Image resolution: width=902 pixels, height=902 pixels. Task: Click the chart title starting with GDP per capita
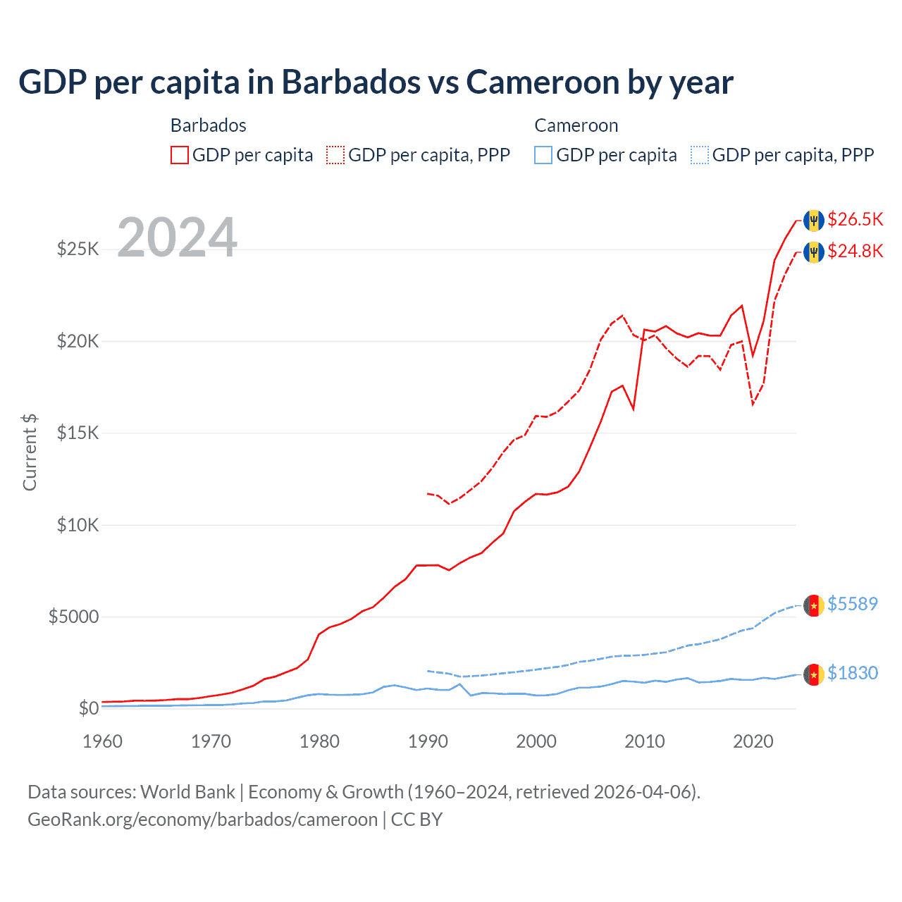click(x=376, y=82)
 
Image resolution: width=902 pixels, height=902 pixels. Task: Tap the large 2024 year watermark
click(x=177, y=237)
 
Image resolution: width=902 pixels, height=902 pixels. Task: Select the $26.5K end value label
click(x=855, y=219)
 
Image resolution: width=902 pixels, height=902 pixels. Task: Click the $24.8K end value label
click(x=855, y=251)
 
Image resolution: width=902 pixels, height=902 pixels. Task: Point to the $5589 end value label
click(x=852, y=604)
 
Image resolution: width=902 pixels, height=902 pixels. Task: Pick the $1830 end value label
click(x=852, y=673)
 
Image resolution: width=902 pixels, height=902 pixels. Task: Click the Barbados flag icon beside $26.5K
click(x=814, y=220)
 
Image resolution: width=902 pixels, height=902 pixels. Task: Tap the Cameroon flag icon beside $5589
click(x=814, y=605)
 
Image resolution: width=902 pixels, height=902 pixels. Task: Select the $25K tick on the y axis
click(x=78, y=249)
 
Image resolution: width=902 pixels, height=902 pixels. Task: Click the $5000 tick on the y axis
click(x=73, y=617)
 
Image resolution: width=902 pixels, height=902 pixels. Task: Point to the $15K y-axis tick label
click(x=78, y=433)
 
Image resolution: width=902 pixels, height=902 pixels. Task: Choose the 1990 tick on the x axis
click(x=428, y=741)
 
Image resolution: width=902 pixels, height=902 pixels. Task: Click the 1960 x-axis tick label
click(x=103, y=741)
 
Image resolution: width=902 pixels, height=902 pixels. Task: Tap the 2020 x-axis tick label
click(x=753, y=741)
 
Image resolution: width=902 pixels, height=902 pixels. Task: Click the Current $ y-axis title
click(x=30, y=452)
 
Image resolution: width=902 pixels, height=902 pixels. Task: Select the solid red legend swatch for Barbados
click(x=180, y=155)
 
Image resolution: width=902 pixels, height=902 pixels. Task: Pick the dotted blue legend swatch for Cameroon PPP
click(x=700, y=155)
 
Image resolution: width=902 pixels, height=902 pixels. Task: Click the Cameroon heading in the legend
click(x=576, y=125)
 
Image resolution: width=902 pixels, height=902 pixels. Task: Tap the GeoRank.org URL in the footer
click(x=203, y=820)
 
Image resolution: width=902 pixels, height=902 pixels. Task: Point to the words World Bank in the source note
click(x=187, y=792)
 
